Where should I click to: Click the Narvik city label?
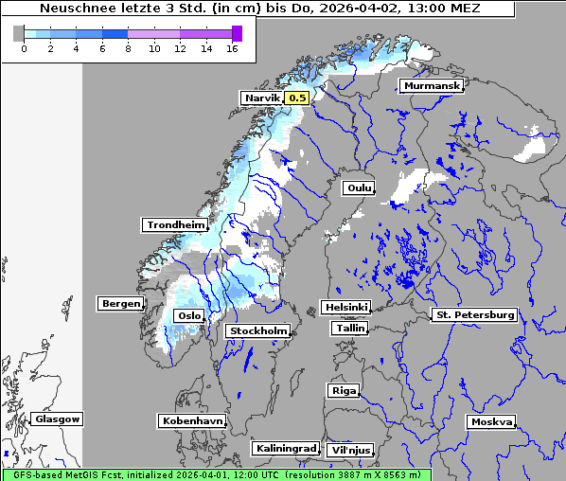(262, 98)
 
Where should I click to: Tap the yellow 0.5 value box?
(297, 98)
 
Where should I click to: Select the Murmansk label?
(432, 86)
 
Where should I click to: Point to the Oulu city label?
(360, 188)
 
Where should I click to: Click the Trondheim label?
(175, 224)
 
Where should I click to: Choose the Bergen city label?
(119, 304)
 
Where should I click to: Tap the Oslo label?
(188, 315)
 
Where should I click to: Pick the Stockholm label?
(257, 330)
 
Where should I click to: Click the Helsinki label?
(345, 308)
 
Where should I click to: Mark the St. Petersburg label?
(473, 314)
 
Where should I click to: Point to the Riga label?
(343, 390)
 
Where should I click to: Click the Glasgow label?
(57, 419)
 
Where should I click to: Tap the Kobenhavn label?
(192, 419)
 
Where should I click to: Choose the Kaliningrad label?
(285, 448)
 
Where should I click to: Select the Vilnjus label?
(350, 450)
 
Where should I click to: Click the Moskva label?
(491, 421)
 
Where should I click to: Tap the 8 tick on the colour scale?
(128, 48)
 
